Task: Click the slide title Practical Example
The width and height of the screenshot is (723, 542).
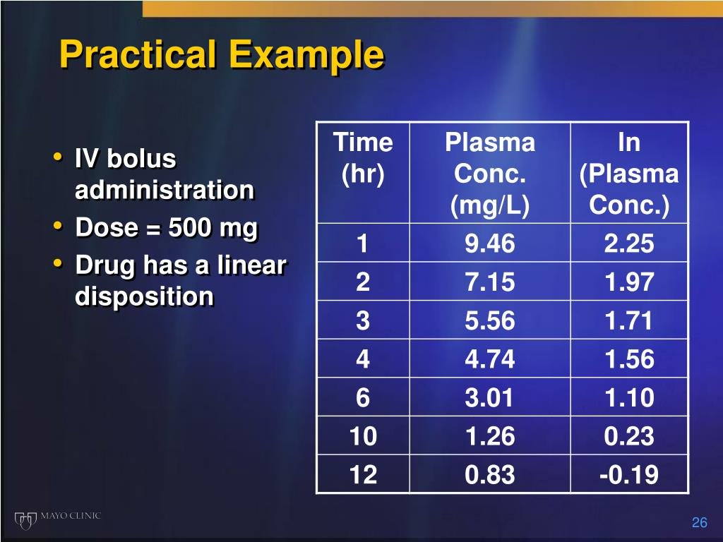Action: (x=222, y=55)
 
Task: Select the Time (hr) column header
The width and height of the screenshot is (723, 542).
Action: (x=362, y=158)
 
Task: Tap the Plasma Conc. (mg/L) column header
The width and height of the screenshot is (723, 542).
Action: (x=489, y=174)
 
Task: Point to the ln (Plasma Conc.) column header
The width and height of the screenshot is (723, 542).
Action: (x=628, y=174)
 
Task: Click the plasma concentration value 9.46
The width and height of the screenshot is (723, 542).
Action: (x=489, y=244)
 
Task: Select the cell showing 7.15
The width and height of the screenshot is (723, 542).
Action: (x=489, y=283)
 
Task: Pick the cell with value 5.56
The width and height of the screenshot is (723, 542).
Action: (x=489, y=321)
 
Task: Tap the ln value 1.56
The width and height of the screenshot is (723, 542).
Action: (x=628, y=360)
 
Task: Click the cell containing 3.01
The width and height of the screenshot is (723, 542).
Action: (x=489, y=398)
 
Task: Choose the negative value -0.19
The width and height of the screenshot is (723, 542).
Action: (x=628, y=475)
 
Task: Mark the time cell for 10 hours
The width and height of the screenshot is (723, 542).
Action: (x=362, y=437)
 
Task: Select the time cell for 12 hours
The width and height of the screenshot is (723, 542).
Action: (x=362, y=475)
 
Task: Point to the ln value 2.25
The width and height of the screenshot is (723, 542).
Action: (x=628, y=244)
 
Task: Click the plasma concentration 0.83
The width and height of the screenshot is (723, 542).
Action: (x=489, y=475)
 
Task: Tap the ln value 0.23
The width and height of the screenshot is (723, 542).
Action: (x=628, y=437)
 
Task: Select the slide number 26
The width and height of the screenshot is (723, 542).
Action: (x=699, y=522)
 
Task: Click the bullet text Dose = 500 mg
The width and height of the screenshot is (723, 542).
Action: (x=167, y=228)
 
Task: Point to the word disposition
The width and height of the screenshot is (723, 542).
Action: (x=144, y=297)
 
